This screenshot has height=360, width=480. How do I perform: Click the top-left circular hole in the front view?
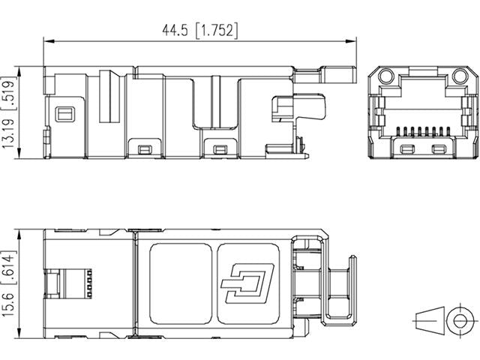click(385, 76)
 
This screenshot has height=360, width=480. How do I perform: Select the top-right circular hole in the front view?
click(457, 76)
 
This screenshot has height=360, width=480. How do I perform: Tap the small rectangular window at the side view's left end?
click(64, 113)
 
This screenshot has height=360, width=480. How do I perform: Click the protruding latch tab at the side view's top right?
click(327, 73)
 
